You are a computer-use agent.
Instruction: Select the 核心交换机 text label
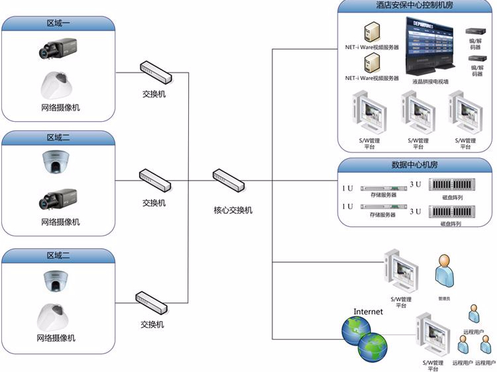233,210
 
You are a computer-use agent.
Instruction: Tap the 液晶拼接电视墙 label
430,82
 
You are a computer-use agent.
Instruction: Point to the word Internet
368,311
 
